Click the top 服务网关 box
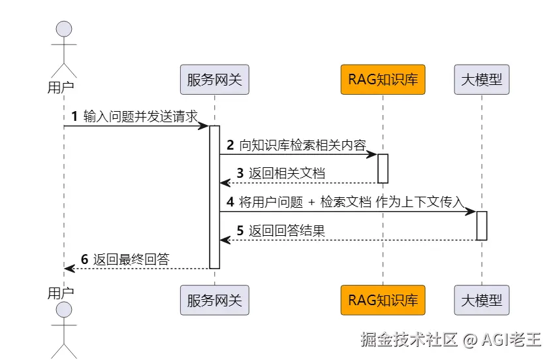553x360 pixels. pos(214,80)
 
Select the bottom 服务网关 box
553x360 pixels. pos(214,301)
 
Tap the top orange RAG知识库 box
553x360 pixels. pos(383,80)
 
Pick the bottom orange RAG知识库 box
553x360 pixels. pos(383,301)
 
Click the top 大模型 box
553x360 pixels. pos(482,80)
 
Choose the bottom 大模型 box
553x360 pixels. pos(482,301)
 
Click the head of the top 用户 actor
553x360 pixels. pos(64,29)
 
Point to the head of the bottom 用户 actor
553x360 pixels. pos(64,310)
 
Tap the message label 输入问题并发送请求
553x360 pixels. pos(140,116)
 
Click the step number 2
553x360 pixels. pos(230,145)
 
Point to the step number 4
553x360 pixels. pos(230,202)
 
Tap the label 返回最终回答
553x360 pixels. pos(131,259)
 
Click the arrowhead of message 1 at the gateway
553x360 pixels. pos(204,125)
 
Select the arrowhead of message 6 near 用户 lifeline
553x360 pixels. pos(69,269)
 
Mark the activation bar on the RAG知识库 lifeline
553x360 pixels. pos(383,169)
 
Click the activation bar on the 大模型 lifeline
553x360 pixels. pos(482,225)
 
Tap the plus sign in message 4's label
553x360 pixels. pos(311,203)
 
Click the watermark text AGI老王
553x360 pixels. pos(512,340)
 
